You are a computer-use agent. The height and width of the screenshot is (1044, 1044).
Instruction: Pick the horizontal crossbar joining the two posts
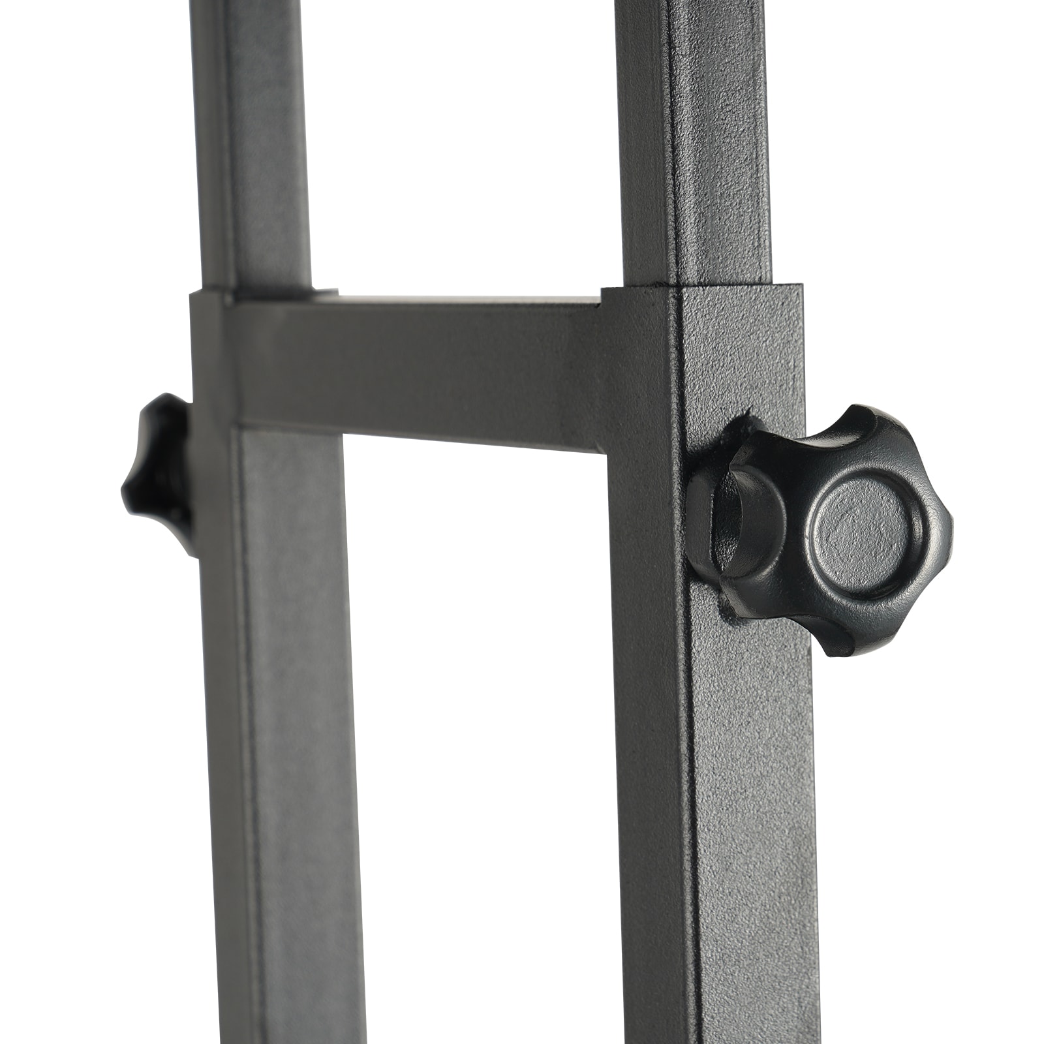pos(418,378)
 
